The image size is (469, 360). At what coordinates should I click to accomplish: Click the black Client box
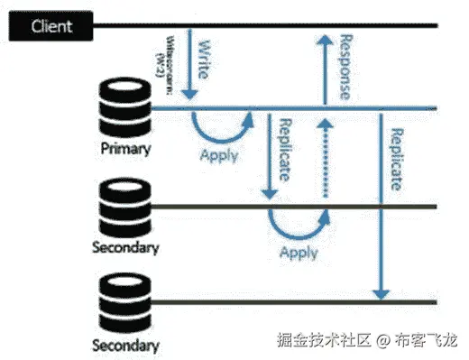point(52,26)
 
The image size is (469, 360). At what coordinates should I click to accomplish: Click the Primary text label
point(124,148)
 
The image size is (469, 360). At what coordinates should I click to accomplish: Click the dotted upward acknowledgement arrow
point(323,162)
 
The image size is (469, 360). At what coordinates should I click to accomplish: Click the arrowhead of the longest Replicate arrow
point(382,293)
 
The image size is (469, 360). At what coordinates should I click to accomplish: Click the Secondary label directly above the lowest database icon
point(125,246)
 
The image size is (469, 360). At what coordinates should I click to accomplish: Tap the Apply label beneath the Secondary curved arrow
point(298,253)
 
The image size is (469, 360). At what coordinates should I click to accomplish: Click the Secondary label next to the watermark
point(125,345)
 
